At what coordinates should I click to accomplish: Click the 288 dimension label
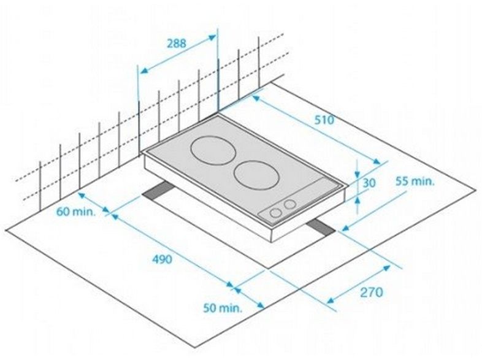point(177,43)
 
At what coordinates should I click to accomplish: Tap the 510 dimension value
point(324,120)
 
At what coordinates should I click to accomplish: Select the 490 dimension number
point(163,259)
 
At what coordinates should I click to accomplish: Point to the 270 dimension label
point(372,292)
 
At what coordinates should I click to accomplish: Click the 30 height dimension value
point(369,183)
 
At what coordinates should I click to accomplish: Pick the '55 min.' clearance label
point(415,181)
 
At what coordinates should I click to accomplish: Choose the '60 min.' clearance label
point(76,212)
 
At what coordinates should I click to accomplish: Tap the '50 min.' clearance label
point(223,308)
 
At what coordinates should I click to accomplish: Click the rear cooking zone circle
point(213,151)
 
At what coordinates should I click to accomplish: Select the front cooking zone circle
point(257,175)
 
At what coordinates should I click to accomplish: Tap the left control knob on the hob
point(275,212)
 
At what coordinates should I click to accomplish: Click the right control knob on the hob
point(289,204)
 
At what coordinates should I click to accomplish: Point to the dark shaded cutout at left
point(158,191)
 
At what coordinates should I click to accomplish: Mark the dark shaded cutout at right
point(321,228)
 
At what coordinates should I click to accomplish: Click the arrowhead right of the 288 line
point(212,38)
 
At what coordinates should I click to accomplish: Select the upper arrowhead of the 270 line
point(386,269)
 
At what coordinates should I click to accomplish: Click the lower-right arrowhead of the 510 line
point(376,161)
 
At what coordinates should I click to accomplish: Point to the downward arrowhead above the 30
point(357,174)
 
